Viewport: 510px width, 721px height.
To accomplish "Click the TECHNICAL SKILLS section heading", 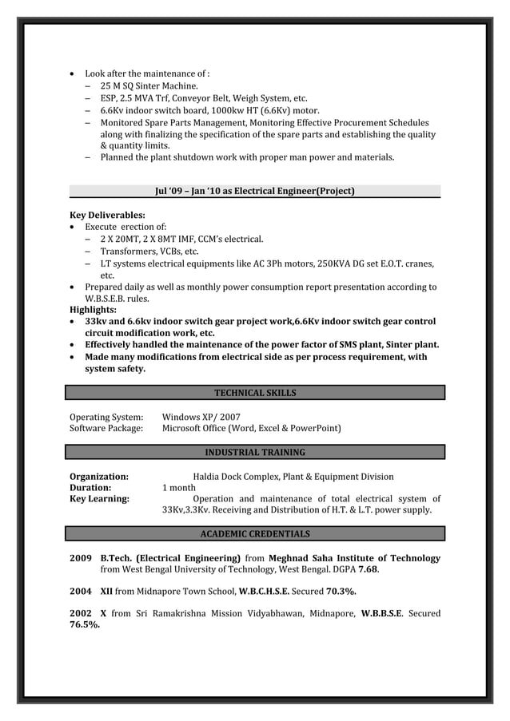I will click(x=255, y=393).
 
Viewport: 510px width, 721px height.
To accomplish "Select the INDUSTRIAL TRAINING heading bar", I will click(x=255, y=453).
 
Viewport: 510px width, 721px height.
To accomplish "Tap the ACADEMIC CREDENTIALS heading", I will click(x=255, y=533).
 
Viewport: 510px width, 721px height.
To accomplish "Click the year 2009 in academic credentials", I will click(x=80, y=558).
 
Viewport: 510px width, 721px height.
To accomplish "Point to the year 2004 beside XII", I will click(x=80, y=592).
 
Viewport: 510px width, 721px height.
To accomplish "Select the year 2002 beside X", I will click(x=80, y=613).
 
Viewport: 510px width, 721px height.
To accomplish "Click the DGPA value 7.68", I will click(x=368, y=570).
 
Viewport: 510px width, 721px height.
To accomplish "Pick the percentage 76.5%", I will click(x=86, y=625).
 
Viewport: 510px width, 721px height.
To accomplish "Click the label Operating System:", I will click(x=106, y=417).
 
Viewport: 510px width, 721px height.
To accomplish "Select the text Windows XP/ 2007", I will click(x=201, y=417).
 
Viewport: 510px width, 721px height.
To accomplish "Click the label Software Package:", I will click(x=106, y=429).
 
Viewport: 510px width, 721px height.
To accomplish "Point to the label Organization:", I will click(x=99, y=477).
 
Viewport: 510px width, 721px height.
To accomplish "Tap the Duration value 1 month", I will click(x=179, y=488).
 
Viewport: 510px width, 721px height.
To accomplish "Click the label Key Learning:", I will click(x=100, y=499).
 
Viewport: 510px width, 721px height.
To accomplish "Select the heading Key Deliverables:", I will click(x=107, y=216).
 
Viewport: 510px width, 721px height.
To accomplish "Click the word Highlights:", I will click(x=94, y=310).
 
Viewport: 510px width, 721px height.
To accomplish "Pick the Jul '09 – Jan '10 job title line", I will click(x=254, y=191).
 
